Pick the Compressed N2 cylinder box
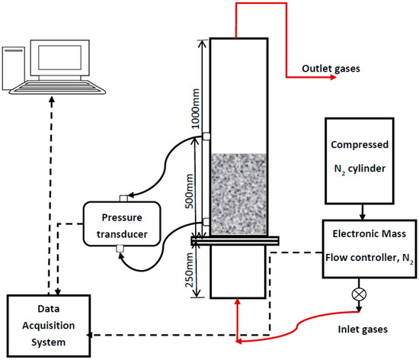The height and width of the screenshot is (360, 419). coord(360,159)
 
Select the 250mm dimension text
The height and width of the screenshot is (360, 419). coord(196,268)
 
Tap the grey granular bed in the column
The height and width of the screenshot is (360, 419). coord(238,194)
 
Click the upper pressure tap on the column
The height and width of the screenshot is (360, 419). coord(206,138)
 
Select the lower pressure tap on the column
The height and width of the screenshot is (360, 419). coord(206,223)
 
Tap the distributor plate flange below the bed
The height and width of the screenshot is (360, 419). coord(238,241)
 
